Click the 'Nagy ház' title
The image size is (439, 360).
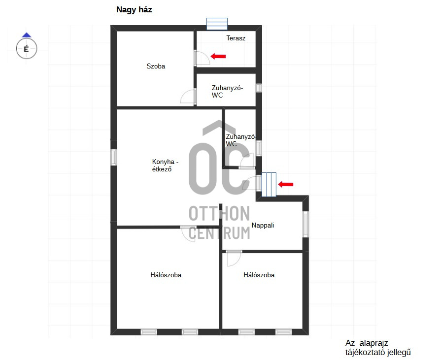[x=134, y=10]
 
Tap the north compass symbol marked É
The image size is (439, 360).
[x=27, y=47]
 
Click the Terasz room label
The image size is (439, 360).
[x=236, y=38]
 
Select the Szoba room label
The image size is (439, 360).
[x=156, y=66]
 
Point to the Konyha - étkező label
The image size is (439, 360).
[x=165, y=165]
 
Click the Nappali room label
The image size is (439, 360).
[x=263, y=226]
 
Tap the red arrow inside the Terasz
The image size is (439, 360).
[x=218, y=56]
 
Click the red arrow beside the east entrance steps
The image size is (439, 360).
[x=286, y=184]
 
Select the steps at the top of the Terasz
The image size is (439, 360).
[x=217, y=24]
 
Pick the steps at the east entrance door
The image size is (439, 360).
[x=269, y=185]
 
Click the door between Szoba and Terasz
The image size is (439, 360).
[x=202, y=58]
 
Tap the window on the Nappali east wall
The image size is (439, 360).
[x=305, y=224]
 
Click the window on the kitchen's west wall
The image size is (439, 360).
[x=114, y=157]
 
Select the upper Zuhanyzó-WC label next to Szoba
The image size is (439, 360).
[x=227, y=92]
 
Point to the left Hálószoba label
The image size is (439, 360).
[x=166, y=275]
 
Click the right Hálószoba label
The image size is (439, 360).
[x=259, y=275]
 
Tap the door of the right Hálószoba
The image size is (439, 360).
[x=234, y=258]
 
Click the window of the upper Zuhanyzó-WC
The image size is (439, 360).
[x=259, y=88]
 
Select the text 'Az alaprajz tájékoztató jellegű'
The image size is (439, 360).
[x=378, y=348]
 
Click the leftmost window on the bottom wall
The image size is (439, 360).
[x=149, y=332]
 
